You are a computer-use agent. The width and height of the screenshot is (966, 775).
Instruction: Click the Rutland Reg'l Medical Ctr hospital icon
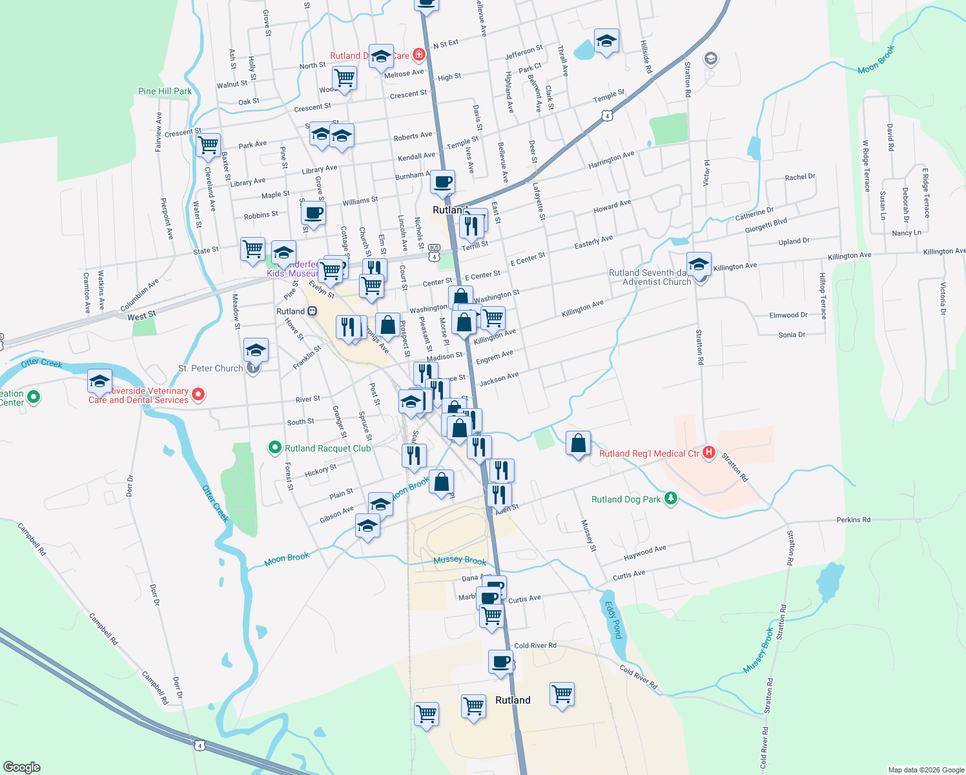pyautogui.click(x=708, y=452)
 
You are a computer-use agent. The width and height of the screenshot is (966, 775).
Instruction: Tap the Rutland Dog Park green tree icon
pyautogui.click(x=671, y=499)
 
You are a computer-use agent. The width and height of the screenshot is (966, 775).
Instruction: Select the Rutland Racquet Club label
pyautogui.click(x=327, y=448)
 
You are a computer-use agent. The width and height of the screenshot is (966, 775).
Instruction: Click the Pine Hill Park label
pyautogui.click(x=165, y=91)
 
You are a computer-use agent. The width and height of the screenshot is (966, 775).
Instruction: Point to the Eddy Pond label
pyautogui.click(x=612, y=619)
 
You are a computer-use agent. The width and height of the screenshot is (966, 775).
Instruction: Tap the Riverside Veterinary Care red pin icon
pyautogui.click(x=198, y=393)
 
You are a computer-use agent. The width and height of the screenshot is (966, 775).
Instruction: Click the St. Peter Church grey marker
pyautogui.click(x=253, y=368)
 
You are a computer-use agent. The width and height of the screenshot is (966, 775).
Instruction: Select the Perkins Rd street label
pyautogui.click(x=853, y=519)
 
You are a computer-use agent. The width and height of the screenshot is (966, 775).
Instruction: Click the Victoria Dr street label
pyautogui.click(x=943, y=298)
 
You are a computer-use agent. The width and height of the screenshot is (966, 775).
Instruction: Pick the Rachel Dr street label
pyautogui.click(x=800, y=177)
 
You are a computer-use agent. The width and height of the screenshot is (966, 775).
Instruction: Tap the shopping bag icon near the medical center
pyautogui.click(x=578, y=444)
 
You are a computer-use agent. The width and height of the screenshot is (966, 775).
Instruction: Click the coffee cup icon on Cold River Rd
pyautogui.click(x=500, y=662)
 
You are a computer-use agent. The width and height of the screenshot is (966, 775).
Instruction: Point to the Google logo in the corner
pyautogui.click(x=21, y=767)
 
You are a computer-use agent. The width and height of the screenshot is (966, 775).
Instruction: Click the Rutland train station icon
pyautogui.click(x=313, y=311)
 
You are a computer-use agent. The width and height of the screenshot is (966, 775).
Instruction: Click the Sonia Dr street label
pyautogui.click(x=792, y=335)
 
